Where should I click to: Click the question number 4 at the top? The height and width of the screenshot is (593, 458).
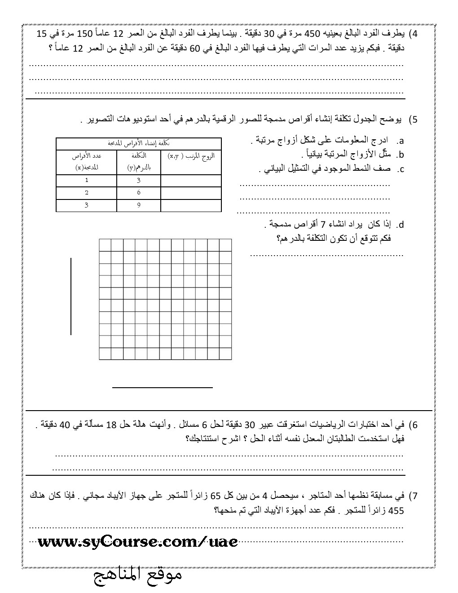coord(415,34)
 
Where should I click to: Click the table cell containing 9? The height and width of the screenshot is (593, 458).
coord(139,205)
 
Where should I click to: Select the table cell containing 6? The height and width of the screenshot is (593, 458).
coord(139,193)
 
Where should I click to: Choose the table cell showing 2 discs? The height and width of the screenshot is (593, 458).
coord(87,193)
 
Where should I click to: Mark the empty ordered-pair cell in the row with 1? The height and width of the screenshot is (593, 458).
coord(191,181)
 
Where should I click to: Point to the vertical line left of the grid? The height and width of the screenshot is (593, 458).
coord(71,296)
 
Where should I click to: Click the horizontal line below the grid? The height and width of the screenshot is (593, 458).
coord(162,387)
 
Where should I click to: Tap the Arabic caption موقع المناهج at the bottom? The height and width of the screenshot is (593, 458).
coord(138,576)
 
